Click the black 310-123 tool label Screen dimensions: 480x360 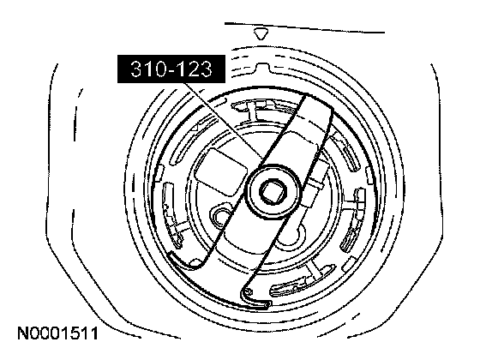pyautogui.click(x=171, y=69)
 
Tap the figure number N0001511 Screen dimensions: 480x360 pyautogui.click(x=58, y=333)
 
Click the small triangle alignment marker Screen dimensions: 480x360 pyautogui.click(x=261, y=34)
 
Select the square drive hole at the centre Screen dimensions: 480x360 pyautogui.click(x=273, y=192)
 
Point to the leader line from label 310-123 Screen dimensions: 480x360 pyautogui.click(x=224, y=120)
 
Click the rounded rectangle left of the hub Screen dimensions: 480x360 pyautogui.click(x=221, y=172)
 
